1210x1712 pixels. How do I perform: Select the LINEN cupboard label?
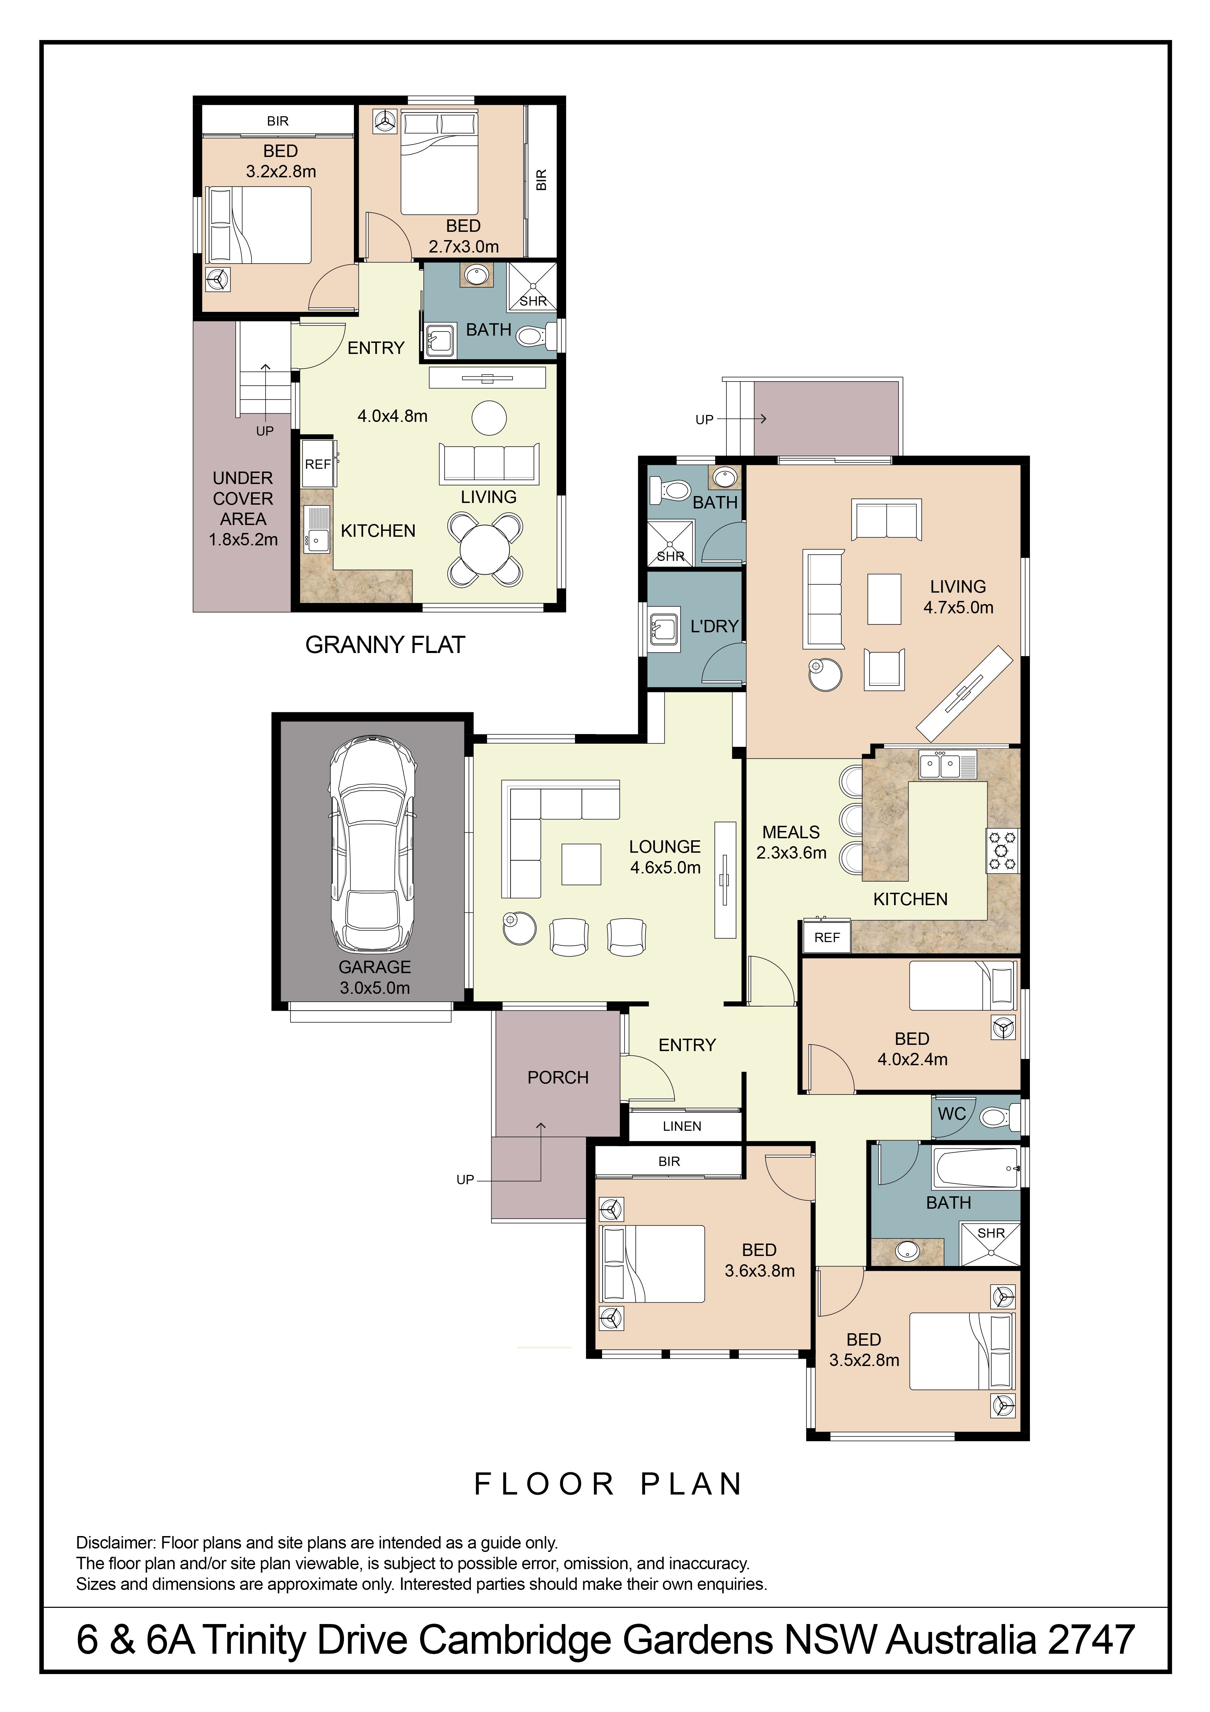click(x=682, y=1126)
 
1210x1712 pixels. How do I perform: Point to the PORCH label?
click(x=558, y=1077)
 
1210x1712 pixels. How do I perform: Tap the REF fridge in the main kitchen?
click(x=827, y=937)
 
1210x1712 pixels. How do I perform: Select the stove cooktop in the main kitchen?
click(x=1003, y=850)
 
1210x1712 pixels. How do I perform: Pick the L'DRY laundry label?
click(x=714, y=626)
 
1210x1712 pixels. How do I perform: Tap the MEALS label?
click(x=791, y=832)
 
